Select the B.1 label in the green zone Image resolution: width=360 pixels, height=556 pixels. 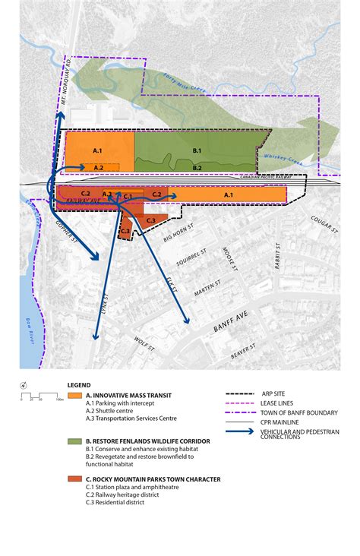click(x=197, y=150)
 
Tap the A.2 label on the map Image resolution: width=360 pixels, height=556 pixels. click(x=98, y=167)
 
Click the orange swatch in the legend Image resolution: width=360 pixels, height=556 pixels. click(x=74, y=396)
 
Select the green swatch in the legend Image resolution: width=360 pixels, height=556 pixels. click(x=74, y=440)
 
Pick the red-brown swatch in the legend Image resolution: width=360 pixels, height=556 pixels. click(x=74, y=479)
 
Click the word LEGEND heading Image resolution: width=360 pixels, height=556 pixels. click(x=79, y=385)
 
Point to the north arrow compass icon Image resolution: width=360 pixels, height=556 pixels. click(x=24, y=385)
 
